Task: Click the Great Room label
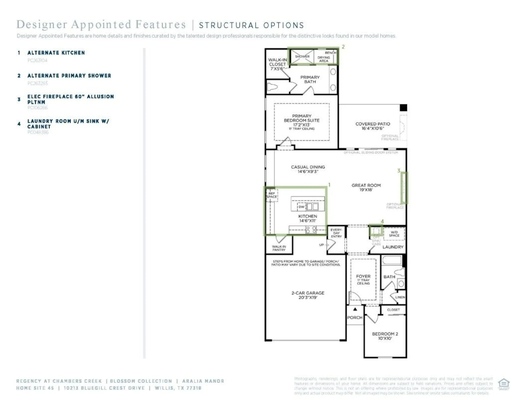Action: pos(366,187)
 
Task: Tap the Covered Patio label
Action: pos(373,126)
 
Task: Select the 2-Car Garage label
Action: pos(308,295)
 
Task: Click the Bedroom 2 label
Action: pos(385,336)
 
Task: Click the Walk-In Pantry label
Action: pos(279,248)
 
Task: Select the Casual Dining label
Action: pos(308,169)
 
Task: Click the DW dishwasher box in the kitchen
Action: pos(301,207)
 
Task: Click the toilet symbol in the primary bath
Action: pos(272,87)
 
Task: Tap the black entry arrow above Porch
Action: pos(355,309)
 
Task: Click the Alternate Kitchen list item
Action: pos(56,53)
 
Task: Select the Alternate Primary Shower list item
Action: pos(69,76)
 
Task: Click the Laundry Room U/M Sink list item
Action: pos(68,124)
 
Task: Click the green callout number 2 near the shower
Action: pos(343,47)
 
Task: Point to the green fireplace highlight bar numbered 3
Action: pos(404,188)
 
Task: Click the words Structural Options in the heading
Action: pos(251,25)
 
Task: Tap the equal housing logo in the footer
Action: pos(504,384)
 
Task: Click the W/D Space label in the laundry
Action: pos(394,234)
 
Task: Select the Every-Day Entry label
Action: pos(336,233)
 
